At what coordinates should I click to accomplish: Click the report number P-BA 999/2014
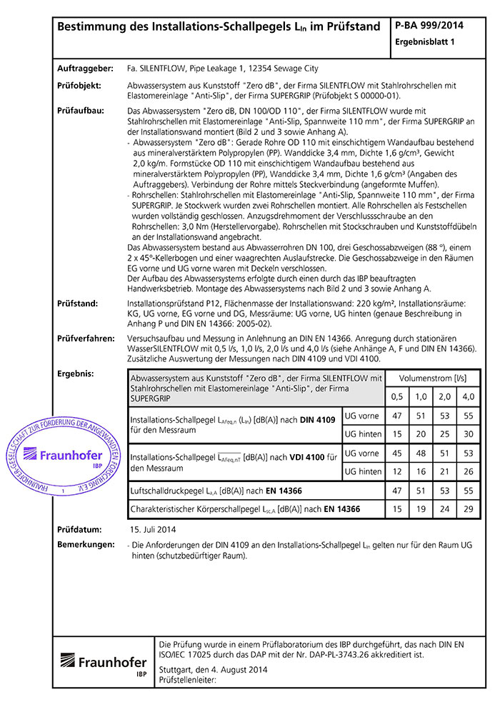(429, 26)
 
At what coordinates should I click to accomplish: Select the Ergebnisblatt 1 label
(425, 42)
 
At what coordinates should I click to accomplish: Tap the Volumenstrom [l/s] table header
(431, 377)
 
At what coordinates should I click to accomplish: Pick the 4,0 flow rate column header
(468, 396)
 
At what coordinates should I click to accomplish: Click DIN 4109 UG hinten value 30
(468, 433)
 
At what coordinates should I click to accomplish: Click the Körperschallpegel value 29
(468, 509)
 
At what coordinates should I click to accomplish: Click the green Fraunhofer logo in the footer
(104, 663)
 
